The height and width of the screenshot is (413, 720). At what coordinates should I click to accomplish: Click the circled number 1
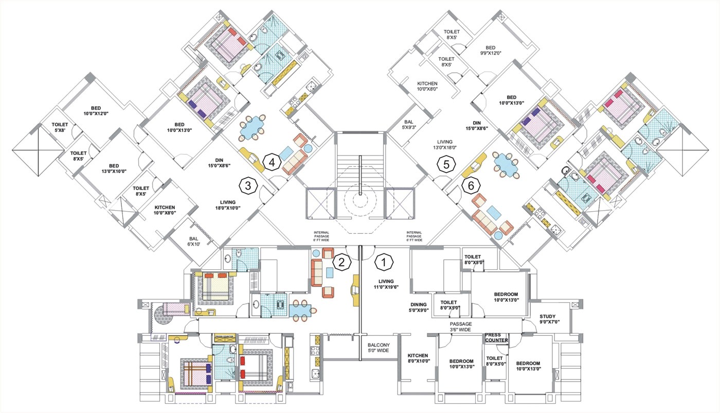click(383, 262)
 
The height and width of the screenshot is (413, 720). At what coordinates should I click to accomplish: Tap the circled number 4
click(272, 163)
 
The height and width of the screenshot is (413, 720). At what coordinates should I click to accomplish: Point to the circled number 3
click(248, 186)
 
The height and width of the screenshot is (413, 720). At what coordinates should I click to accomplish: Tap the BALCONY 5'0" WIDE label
click(378, 349)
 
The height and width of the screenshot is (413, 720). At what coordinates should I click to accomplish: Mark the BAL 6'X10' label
click(193, 240)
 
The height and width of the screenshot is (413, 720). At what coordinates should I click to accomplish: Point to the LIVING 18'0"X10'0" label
click(228, 205)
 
